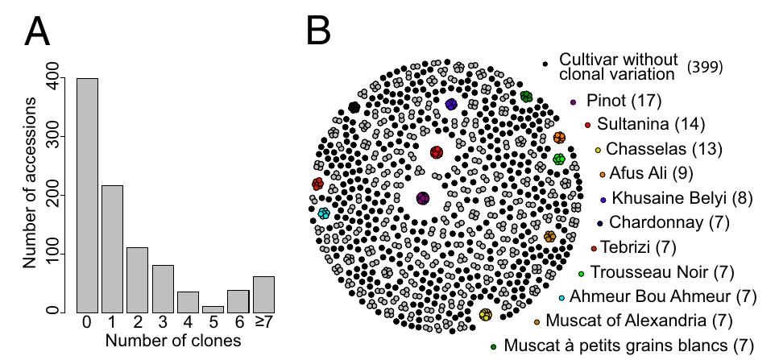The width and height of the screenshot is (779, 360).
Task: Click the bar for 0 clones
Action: (87, 196)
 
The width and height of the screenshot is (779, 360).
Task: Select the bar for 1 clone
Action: (112, 250)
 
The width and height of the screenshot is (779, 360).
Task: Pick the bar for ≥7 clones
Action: (263, 295)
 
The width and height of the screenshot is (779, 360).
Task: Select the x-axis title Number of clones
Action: (173, 342)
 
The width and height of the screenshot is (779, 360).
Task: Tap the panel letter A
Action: (37, 31)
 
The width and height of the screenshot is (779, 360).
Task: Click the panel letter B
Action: (318, 31)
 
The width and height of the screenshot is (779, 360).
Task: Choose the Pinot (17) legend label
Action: (624, 101)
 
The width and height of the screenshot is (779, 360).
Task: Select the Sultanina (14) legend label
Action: (651, 124)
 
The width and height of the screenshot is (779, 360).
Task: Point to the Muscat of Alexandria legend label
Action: (639, 321)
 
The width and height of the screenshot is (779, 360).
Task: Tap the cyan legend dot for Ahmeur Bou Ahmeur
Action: (561, 298)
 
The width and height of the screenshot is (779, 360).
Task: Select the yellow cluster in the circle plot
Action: (486, 314)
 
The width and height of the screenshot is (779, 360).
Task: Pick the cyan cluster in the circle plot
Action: (324, 213)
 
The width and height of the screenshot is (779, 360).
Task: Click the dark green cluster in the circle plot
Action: (527, 97)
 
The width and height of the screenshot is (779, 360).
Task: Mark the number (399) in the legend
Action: (704, 67)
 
